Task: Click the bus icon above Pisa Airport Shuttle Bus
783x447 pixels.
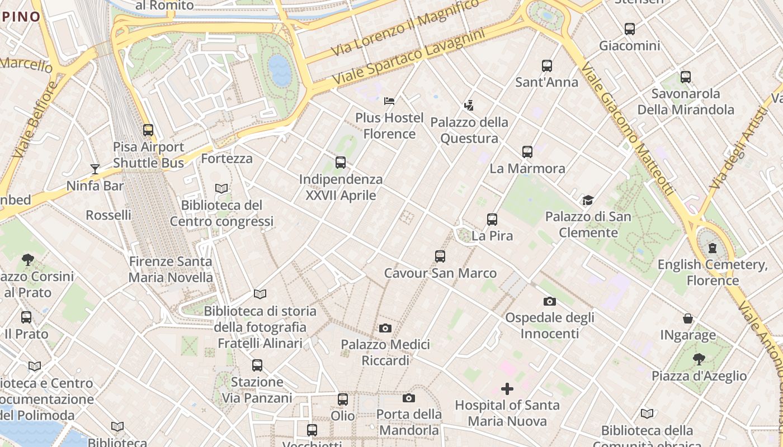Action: pyautogui.click(x=148, y=130)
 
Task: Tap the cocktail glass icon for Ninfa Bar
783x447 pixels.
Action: pyautogui.click(x=95, y=169)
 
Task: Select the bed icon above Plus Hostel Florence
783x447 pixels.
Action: pyautogui.click(x=389, y=101)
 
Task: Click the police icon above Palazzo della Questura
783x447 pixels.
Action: pyautogui.click(x=469, y=105)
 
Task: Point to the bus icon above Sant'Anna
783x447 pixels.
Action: pyautogui.click(x=547, y=66)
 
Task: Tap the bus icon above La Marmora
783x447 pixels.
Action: pyautogui.click(x=527, y=152)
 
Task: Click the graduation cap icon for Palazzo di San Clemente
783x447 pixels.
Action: pyautogui.click(x=588, y=200)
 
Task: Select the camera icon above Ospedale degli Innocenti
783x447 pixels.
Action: pyautogui.click(x=550, y=301)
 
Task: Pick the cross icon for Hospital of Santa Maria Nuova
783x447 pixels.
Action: pyautogui.click(x=507, y=389)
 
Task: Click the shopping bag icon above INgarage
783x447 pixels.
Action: pyautogui.click(x=688, y=318)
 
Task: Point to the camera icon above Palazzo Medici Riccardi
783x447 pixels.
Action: pyautogui.click(x=385, y=328)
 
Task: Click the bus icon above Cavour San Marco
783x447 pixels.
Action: pyautogui.click(x=440, y=256)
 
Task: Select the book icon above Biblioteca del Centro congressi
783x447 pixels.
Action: pyautogui.click(x=221, y=189)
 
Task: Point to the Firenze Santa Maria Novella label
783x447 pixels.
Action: pyautogui.click(x=171, y=269)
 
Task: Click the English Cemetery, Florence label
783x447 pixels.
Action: pyautogui.click(x=713, y=272)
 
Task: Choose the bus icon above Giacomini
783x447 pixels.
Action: pyautogui.click(x=630, y=29)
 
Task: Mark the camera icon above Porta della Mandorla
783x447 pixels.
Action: pyautogui.click(x=409, y=398)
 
